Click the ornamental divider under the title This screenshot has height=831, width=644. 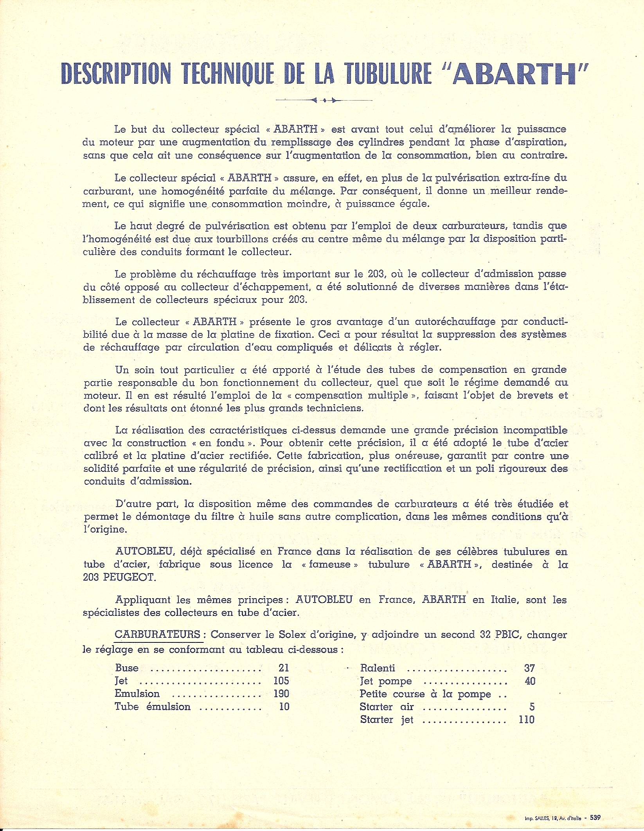click(x=324, y=100)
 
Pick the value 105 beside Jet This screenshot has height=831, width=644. click(x=281, y=681)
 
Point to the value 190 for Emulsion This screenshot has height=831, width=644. click(x=281, y=694)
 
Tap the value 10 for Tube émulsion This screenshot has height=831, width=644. click(x=284, y=707)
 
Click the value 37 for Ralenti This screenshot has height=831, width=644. click(x=529, y=668)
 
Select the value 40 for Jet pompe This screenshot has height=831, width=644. click(x=530, y=681)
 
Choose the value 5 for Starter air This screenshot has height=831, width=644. click(x=532, y=707)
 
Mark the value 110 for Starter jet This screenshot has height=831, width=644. click(x=527, y=719)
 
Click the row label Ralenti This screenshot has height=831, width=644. click(x=377, y=668)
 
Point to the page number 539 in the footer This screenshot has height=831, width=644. click(x=595, y=817)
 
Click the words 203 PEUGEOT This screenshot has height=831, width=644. click(x=119, y=577)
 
